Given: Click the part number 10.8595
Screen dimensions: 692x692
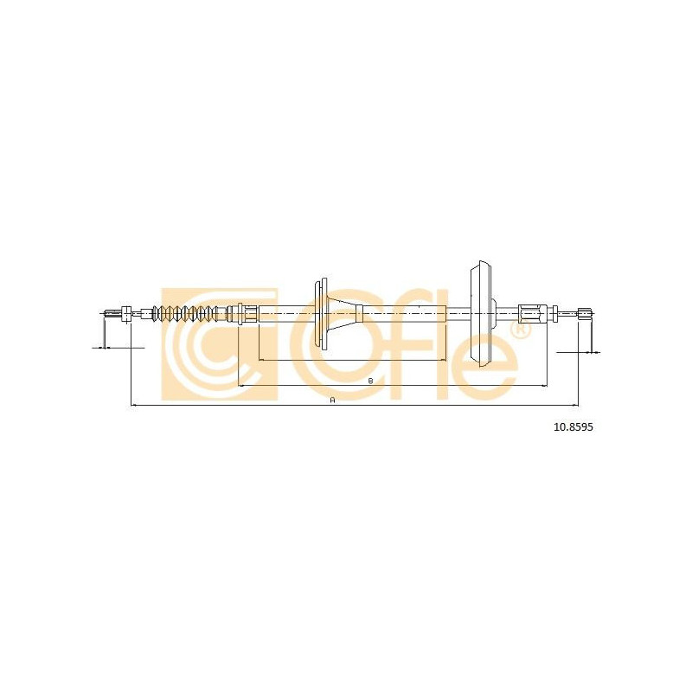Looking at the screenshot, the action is click(x=573, y=427).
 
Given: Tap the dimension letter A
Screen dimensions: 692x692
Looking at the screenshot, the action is click(x=333, y=400).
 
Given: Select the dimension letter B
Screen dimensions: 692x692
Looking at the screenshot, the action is click(x=371, y=381).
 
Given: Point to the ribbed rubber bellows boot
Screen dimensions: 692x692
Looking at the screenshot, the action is click(x=184, y=314).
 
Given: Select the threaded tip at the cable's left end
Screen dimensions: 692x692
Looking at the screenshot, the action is click(x=112, y=314).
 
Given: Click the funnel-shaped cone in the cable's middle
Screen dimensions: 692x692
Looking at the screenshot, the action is click(x=344, y=314).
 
